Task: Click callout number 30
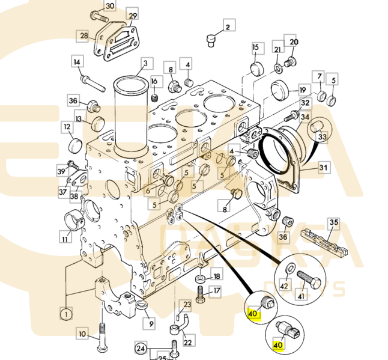[109, 7]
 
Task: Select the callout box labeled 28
[83, 36]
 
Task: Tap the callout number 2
[228, 26]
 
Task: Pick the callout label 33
[322, 138]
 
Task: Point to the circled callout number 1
[64, 313]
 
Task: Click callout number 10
[83, 332]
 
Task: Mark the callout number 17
[217, 291]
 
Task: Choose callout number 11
[65, 239]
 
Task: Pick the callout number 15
[255, 47]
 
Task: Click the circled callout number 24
[141, 347]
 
